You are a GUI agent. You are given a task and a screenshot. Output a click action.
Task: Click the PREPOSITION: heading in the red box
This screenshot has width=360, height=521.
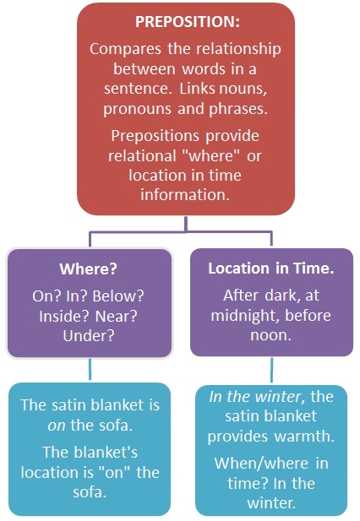pos(188,22)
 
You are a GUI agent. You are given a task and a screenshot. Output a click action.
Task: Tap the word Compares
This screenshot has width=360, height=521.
pos(125,49)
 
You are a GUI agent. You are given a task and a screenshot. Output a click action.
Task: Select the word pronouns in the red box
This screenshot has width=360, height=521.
pos(138,109)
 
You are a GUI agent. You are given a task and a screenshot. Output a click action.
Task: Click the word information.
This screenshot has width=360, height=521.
pos(185,195)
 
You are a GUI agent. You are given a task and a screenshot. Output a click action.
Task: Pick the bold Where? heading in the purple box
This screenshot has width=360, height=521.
pos(89,269)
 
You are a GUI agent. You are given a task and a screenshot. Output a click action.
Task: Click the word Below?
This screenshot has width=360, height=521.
pos(118,296)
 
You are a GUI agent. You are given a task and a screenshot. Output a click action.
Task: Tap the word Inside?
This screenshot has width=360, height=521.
pos(63,317)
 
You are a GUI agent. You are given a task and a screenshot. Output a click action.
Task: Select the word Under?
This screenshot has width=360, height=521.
pos(89,336)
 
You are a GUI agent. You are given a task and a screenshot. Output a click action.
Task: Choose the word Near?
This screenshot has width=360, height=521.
pos(117,317)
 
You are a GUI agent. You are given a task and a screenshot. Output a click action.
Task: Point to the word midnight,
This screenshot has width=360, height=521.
pos(246,316)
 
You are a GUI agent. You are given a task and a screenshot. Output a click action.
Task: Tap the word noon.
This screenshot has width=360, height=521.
pos(271,335)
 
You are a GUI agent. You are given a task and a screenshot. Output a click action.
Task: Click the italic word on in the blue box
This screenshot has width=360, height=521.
pos(57,426)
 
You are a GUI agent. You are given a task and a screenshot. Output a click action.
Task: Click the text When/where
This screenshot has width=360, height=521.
pos(261,464)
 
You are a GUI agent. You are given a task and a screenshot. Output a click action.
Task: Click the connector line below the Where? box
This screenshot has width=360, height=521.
pos(90,369)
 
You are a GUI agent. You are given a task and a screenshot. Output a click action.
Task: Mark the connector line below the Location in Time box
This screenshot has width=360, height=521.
pos(271,370)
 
